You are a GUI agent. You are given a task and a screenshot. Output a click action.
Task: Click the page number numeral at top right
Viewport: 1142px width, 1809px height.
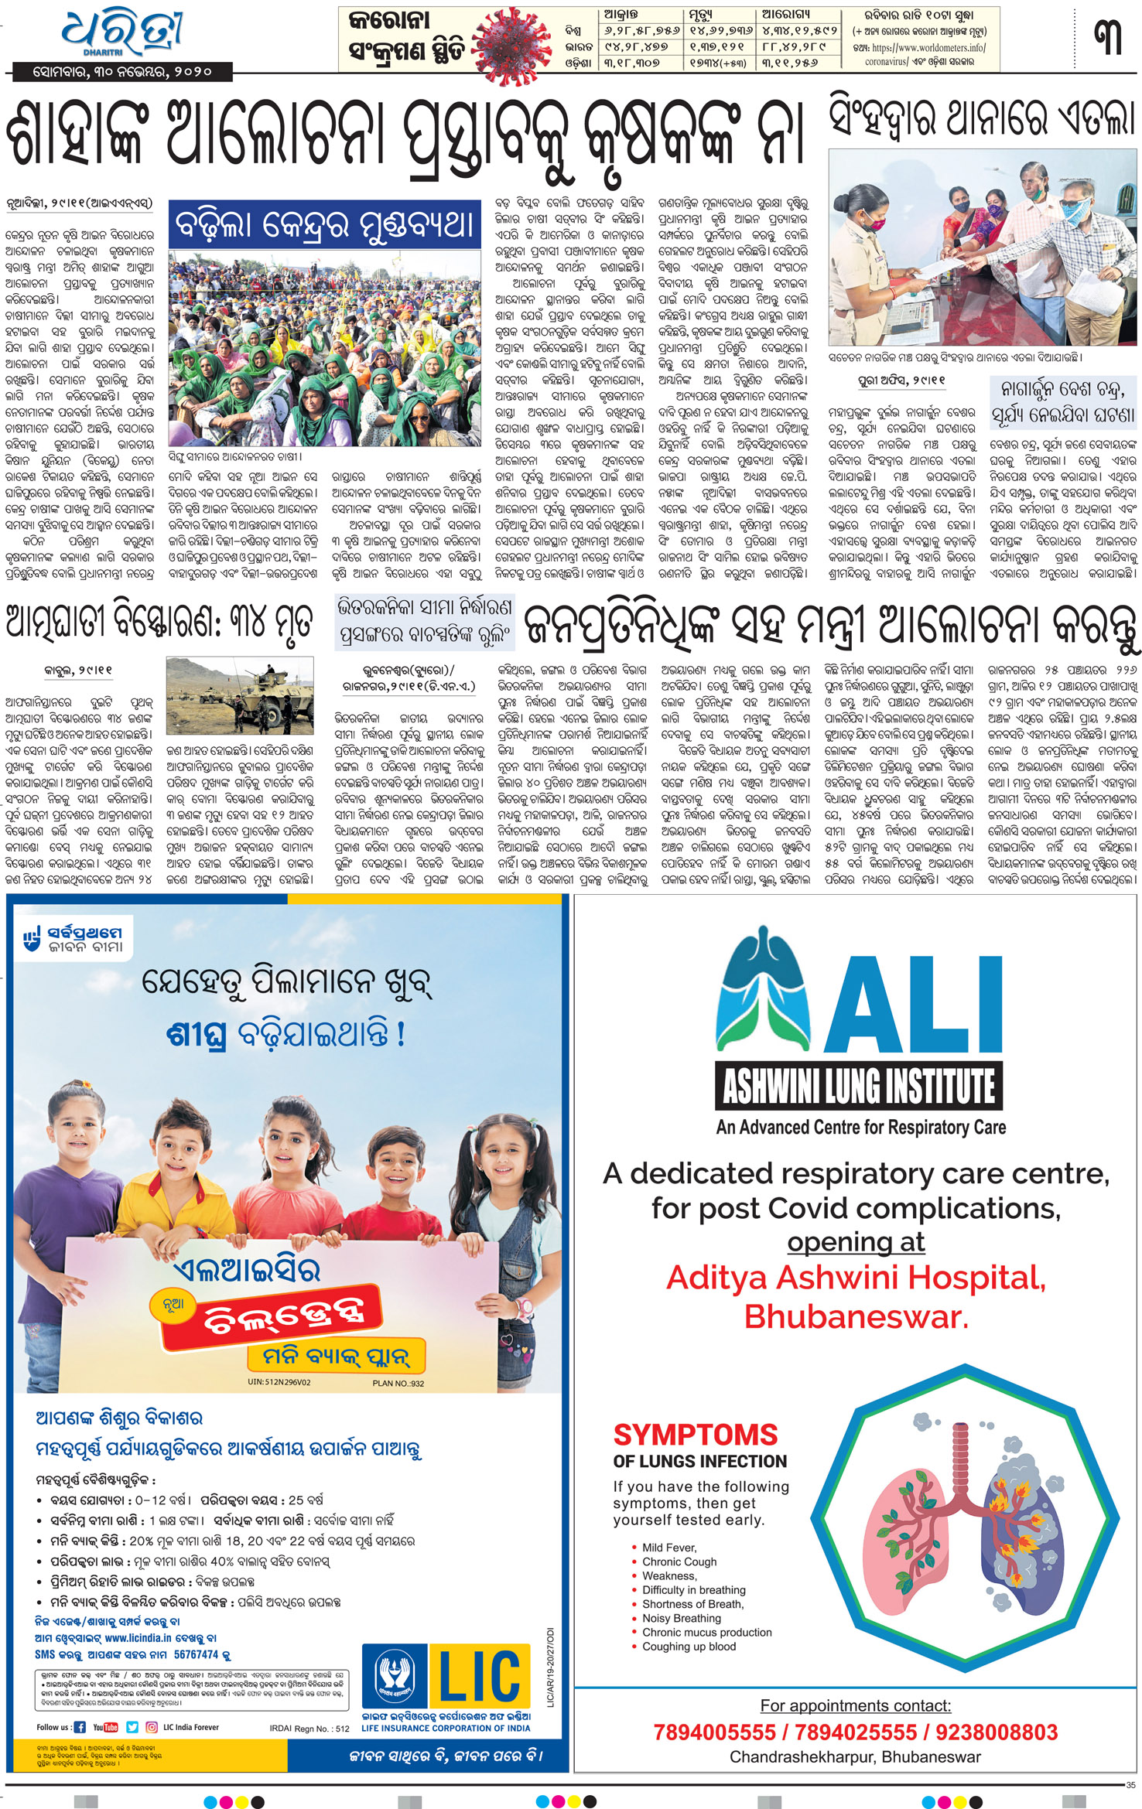(x=1109, y=38)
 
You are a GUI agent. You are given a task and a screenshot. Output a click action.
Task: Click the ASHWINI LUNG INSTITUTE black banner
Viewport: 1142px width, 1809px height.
(x=859, y=1086)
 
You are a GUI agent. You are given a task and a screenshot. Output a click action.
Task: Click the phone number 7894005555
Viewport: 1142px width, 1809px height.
(x=714, y=1732)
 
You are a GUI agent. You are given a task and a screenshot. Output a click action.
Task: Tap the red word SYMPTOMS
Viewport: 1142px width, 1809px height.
(x=695, y=1435)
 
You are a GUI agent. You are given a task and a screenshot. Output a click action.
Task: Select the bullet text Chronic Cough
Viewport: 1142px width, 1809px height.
(x=679, y=1562)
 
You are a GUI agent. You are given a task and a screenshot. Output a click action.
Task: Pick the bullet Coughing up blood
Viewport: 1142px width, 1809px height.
(x=689, y=1646)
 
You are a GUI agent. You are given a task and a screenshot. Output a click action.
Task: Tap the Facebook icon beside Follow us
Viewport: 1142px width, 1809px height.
(x=79, y=1727)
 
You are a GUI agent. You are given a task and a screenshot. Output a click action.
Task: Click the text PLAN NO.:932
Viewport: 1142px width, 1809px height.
(x=398, y=1384)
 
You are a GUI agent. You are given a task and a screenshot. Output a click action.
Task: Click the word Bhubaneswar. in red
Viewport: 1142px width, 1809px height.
(x=856, y=1316)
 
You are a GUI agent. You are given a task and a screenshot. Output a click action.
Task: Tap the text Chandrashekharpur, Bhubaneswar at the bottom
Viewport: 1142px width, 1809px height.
(x=855, y=1756)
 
